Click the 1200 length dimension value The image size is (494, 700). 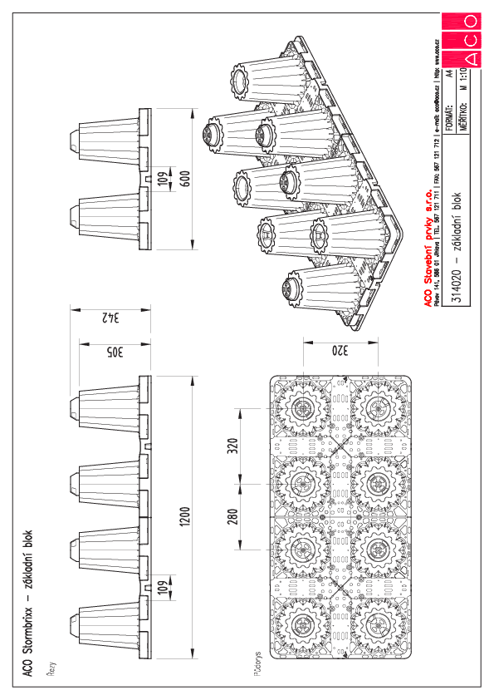coord(185,517)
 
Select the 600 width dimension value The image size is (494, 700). coord(185,178)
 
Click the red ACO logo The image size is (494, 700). coord(461,40)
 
